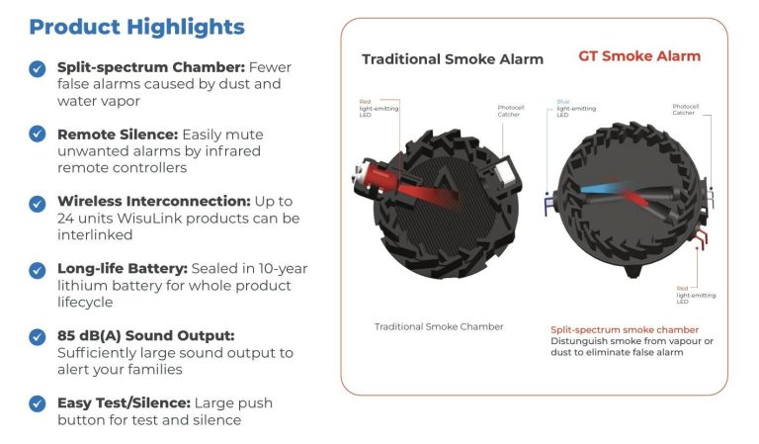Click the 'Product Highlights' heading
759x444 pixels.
pyautogui.click(x=136, y=26)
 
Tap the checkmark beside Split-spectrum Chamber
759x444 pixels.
pyautogui.click(x=37, y=68)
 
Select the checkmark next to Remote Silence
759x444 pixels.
pyautogui.click(x=37, y=133)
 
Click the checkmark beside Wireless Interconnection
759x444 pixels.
pyautogui.click(x=37, y=202)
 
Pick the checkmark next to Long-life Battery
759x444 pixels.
pyautogui.click(x=37, y=269)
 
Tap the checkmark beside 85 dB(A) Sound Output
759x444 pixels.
pyautogui.click(x=37, y=335)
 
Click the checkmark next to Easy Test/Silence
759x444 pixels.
pyautogui.click(x=37, y=402)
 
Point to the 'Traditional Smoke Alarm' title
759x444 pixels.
pyautogui.click(x=452, y=59)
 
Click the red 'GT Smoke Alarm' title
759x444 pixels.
pyautogui.click(x=638, y=56)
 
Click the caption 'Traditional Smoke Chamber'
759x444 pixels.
pyautogui.click(x=439, y=326)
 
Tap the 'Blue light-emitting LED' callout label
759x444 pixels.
pyautogui.click(x=568, y=108)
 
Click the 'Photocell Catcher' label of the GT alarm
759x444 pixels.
pyautogui.click(x=685, y=110)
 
